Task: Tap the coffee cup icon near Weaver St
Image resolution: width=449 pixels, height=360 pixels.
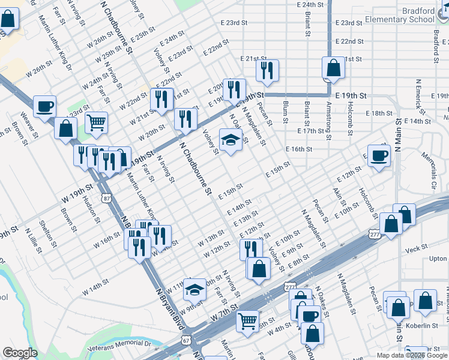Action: pyautogui.click(x=45, y=107)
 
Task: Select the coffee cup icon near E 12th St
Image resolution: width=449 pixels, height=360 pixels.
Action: pyautogui.click(x=379, y=156)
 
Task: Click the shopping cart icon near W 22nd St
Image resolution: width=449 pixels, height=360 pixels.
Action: pyautogui.click(x=96, y=123)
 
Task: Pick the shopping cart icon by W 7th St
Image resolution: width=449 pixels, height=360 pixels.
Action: pyautogui.click(x=247, y=322)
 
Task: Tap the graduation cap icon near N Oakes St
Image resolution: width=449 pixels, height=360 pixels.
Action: pyautogui.click(x=231, y=140)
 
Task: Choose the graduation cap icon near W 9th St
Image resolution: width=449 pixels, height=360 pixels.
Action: pyautogui.click(x=194, y=290)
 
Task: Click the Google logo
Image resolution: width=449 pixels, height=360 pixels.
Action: pyautogui.click(x=20, y=353)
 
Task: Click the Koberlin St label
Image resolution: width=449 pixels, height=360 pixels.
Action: pyautogui.click(x=422, y=325)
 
